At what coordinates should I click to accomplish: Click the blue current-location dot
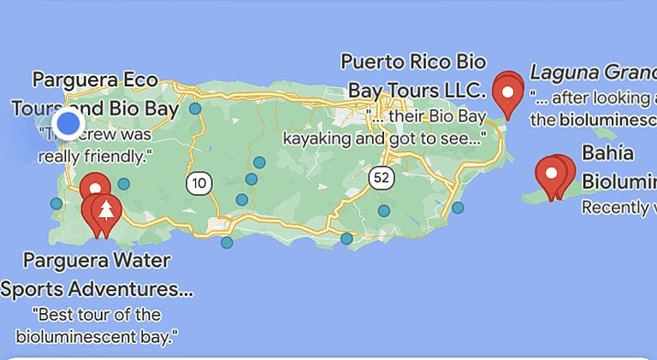pos(68,125)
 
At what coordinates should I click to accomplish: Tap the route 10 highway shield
pos(199,182)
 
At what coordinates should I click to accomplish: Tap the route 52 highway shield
pos(382,177)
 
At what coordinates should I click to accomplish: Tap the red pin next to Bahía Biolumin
pos(553,174)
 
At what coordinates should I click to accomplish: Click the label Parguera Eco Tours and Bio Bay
pos(95,94)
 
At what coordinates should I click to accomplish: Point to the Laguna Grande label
pos(593,71)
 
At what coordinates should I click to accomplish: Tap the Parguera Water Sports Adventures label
pos(96,274)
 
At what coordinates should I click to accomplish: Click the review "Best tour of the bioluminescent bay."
pos(96,324)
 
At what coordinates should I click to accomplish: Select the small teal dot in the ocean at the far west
pos(56,204)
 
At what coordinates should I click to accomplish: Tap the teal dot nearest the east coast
pos(458,208)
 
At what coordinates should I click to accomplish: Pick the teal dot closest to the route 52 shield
pos(384,210)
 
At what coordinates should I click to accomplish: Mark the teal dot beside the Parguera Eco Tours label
pos(196,109)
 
